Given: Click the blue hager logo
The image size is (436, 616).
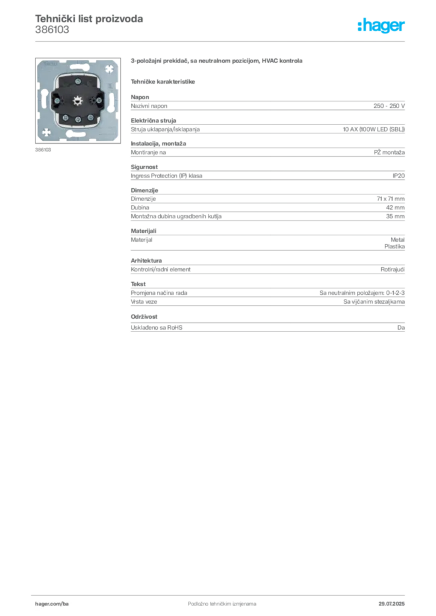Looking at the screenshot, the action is click(x=382, y=26).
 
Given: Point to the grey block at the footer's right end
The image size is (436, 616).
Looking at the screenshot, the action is click(x=393, y=600).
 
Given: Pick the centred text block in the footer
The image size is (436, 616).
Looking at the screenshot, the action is click(x=215, y=600).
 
